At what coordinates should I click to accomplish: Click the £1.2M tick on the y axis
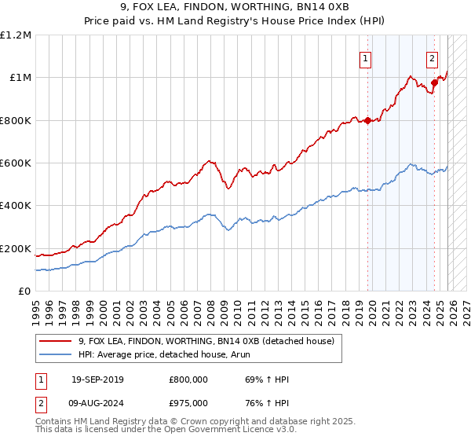click(x=16, y=35)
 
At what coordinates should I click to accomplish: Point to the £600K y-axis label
click(x=16, y=163)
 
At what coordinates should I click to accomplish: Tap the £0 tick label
click(x=24, y=291)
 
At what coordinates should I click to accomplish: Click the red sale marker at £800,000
click(x=367, y=120)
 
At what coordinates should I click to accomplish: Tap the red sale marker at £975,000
click(x=433, y=82)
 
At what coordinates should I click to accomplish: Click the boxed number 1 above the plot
click(x=367, y=57)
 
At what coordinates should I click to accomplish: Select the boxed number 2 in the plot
click(x=433, y=57)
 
